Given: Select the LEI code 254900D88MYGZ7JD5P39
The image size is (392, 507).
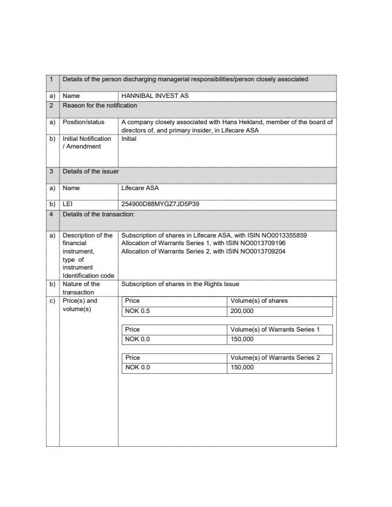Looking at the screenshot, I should pos(160,204).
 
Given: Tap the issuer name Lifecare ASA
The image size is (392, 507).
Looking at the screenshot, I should pos(140,189).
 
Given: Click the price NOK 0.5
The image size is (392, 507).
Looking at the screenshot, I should pos(137,312).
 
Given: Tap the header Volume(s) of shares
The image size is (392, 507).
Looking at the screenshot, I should pos(259,301).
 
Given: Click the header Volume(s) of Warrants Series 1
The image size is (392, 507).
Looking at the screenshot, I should pos(274,329).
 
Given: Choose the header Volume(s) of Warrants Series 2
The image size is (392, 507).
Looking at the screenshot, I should pos(274,358).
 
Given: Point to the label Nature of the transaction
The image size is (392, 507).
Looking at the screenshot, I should pos(81,287).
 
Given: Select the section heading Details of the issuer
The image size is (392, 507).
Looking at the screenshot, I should pos(90,172).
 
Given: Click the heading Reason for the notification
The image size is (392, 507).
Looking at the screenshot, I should pos(100,105).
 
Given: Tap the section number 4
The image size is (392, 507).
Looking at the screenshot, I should pos(51,213).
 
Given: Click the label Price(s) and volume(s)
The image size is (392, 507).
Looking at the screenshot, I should pos(80,305).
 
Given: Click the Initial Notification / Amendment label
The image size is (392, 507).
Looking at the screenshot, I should pos(86,142).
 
